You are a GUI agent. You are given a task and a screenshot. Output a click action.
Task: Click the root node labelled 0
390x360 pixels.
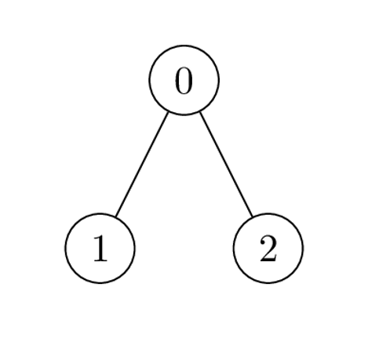[184, 80]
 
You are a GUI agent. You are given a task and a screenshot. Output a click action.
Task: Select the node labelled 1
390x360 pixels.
[100, 248]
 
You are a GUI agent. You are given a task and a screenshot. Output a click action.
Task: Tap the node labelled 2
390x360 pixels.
[268, 248]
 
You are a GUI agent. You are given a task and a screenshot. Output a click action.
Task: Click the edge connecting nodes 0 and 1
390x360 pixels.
[142, 164]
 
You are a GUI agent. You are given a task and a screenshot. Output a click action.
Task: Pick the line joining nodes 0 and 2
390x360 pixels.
[226, 164]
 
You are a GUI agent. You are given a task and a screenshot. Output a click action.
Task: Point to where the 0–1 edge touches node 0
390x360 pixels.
[168, 112]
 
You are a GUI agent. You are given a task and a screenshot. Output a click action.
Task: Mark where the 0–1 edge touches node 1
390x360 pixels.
[115, 216]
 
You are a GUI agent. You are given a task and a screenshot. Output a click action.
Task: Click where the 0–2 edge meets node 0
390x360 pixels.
[200, 112]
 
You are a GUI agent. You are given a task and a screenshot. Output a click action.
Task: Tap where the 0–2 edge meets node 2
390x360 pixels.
[253, 216]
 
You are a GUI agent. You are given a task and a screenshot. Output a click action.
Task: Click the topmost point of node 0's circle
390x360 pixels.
[184, 45]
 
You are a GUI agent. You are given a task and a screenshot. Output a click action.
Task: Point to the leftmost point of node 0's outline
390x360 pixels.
[149, 80]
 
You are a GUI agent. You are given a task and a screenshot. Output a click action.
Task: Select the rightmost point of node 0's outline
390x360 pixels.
[219, 80]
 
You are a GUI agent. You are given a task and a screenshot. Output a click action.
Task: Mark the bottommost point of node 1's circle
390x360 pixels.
[100, 283]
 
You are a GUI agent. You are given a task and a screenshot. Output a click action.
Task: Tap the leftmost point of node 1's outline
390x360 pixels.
[65, 248]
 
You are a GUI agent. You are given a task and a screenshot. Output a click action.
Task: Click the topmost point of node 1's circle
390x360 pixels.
[100, 213]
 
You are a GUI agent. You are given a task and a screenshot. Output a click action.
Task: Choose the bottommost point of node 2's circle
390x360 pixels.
[268, 283]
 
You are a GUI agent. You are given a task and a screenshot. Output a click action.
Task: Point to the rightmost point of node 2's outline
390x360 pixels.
[303, 248]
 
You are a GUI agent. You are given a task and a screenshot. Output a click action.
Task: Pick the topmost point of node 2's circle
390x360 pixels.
[268, 213]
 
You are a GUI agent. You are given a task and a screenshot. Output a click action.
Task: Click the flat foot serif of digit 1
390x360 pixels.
[100, 260]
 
